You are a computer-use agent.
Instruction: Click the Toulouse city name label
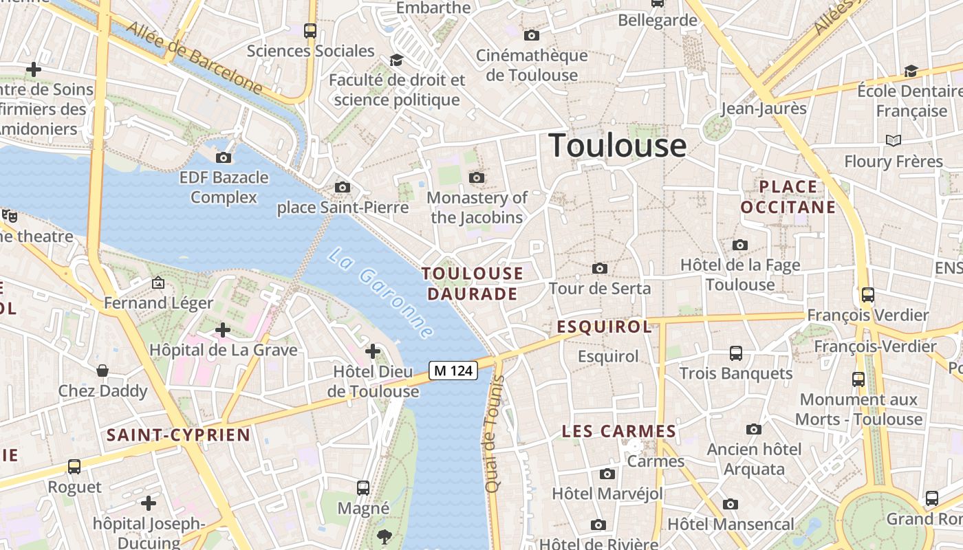(617, 146)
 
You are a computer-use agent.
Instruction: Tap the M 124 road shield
(453, 371)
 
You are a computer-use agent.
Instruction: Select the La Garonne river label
(380, 293)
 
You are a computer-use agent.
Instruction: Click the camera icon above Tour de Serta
(600, 268)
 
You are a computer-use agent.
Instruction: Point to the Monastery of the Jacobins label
(477, 208)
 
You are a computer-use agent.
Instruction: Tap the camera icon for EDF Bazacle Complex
(224, 157)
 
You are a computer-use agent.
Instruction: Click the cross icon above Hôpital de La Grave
(222, 330)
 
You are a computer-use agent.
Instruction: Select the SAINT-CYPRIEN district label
(179, 434)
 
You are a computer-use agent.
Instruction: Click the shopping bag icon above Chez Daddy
(102, 371)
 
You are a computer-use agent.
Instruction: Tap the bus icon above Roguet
(74, 467)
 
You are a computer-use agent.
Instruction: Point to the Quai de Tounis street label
(493, 433)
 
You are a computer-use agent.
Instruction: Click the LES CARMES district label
(619, 432)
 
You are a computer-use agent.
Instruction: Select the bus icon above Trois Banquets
(736, 353)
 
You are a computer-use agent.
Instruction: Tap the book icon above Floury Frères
(894, 140)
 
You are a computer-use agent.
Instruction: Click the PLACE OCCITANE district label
(788, 197)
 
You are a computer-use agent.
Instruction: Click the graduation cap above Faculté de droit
(396, 60)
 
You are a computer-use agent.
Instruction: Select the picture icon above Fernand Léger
(158, 283)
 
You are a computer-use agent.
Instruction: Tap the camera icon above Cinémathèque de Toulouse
(532, 35)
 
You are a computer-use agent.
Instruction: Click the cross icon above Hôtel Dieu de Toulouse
(373, 352)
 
